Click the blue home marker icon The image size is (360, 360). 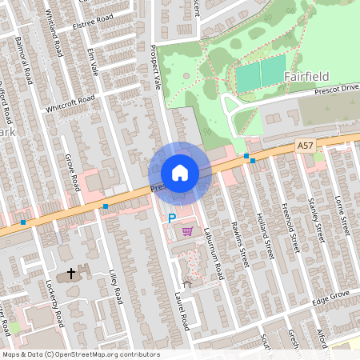point(180,173)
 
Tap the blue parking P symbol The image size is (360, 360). point(171,218)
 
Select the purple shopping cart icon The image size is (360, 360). point(187,232)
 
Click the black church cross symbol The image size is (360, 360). point(71,274)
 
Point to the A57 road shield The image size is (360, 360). point(304,145)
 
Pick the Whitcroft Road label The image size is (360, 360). point(70,104)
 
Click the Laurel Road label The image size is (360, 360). point(183,313)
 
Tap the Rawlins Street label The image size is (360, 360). point(239,244)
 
